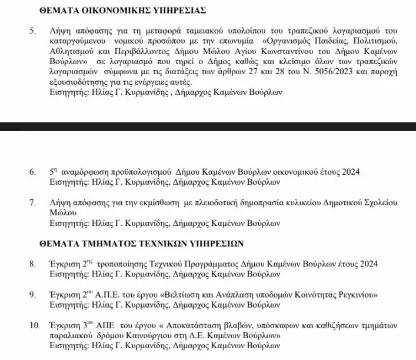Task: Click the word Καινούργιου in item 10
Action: pos(138,335)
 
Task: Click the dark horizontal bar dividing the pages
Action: pos(208,126)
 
